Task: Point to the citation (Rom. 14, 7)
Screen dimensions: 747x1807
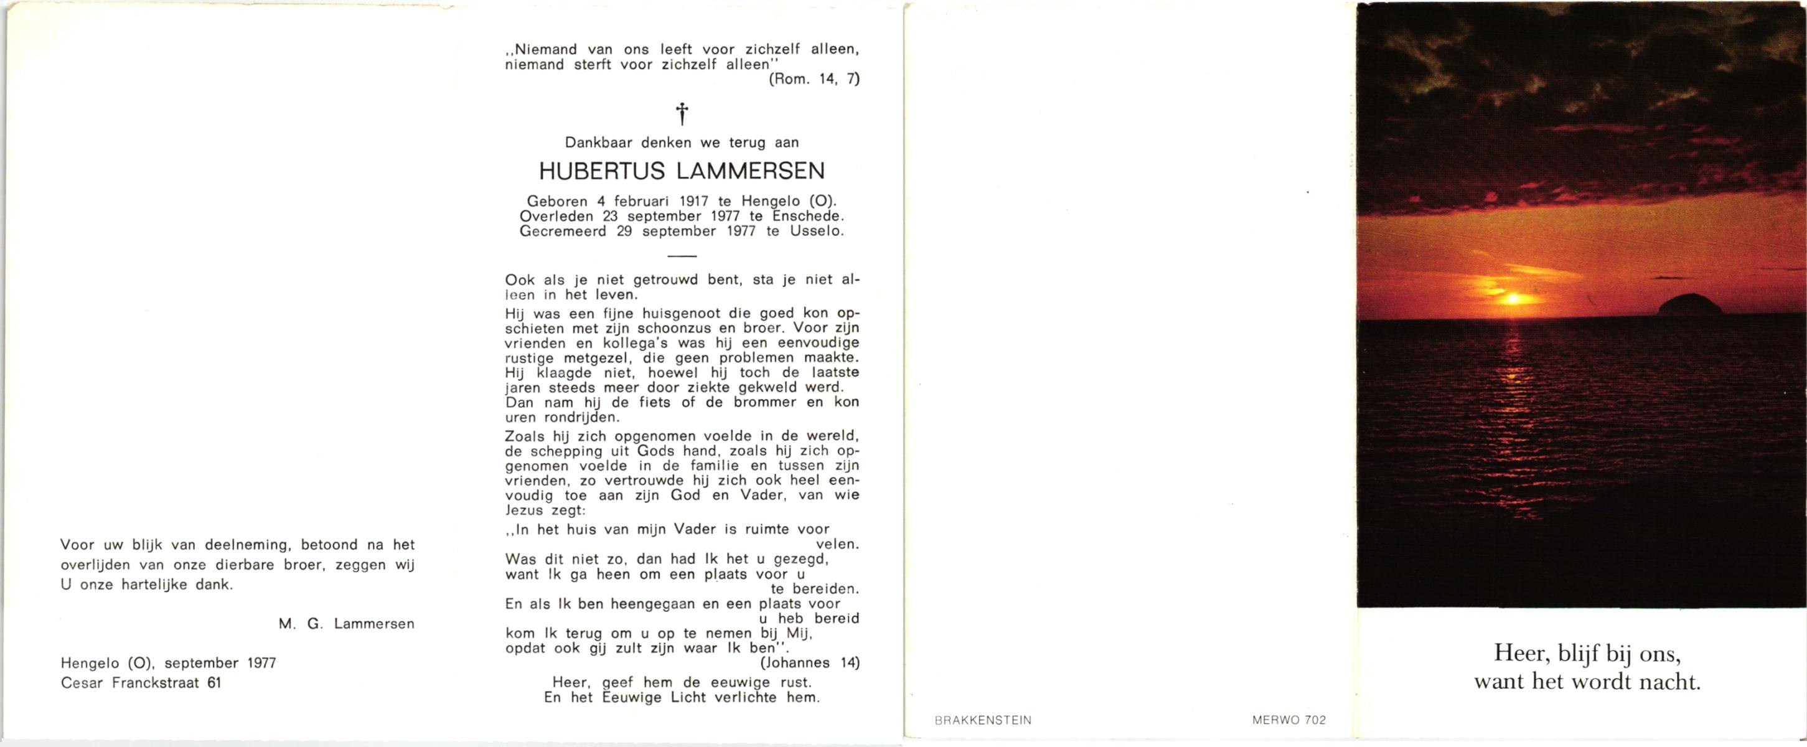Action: (x=814, y=79)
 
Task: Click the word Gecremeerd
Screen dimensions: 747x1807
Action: (x=563, y=231)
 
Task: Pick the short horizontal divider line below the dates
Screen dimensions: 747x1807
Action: (x=682, y=256)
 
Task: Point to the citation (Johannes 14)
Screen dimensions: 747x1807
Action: (x=809, y=662)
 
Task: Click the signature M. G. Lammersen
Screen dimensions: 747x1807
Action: (x=346, y=624)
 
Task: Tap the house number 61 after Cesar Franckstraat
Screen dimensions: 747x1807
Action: (x=214, y=682)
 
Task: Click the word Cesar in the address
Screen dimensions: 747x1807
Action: (x=82, y=682)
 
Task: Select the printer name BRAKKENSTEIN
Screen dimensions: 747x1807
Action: (x=983, y=720)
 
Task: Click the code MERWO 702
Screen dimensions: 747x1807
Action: (x=1288, y=720)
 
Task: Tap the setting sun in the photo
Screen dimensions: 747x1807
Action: (x=1512, y=299)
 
